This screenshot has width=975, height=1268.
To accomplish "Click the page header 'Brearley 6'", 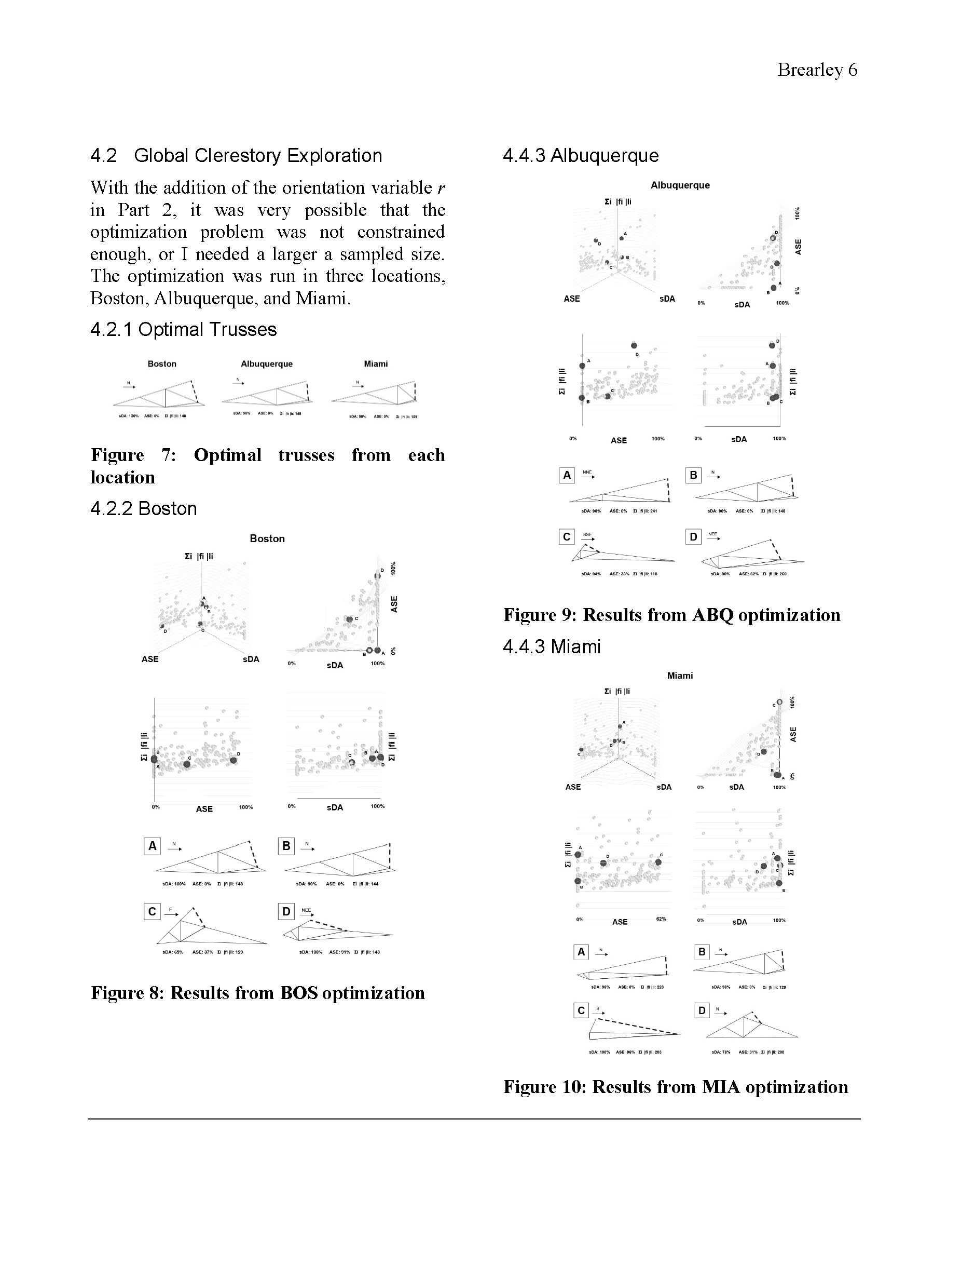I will [817, 70].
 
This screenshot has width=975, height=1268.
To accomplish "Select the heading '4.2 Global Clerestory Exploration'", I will [236, 156].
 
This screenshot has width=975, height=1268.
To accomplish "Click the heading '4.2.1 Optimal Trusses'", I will [183, 330].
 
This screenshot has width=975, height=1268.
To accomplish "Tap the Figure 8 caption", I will [258, 993].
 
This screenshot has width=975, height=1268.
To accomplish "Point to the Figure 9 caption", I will [671, 615].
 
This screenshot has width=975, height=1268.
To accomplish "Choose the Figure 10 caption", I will [676, 1087].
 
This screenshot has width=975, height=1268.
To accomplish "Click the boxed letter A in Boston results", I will [152, 846].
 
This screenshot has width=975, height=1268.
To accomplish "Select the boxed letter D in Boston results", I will [286, 911].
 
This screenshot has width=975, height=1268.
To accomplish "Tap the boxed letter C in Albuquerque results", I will [567, 537].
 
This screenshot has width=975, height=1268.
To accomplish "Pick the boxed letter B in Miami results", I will [702, 952].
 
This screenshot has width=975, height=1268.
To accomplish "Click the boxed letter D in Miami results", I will [702, 1011].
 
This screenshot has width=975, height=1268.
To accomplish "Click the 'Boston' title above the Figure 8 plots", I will [267, 539].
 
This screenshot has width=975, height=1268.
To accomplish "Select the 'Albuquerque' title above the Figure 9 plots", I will [680, 185].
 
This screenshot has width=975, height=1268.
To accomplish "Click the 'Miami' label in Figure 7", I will [376, 364].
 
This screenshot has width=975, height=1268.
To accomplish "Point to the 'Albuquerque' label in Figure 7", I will [266, 364].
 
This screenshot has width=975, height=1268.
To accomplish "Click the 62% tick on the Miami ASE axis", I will [661, 919].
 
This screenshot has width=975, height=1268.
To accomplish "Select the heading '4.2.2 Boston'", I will [143, 508].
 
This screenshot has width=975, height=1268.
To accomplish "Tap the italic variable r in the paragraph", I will [441, 188].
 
